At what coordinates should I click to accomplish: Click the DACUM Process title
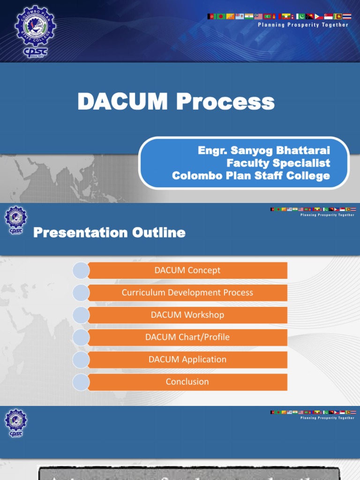coord(176,102)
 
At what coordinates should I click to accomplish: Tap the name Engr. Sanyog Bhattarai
coord(264,151)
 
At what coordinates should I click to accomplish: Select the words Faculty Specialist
coord(278,163)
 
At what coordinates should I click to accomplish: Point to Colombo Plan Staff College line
coord(251,176)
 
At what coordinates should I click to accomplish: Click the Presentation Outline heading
coord(109,232)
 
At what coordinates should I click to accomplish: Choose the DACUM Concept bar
coord(187,270)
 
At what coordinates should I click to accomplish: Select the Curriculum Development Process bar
coord(187,292)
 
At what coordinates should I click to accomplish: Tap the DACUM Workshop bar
coord(187,315)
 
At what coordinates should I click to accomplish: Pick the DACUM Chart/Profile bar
coord(187,337)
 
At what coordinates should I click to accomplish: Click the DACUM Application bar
coord(187,360)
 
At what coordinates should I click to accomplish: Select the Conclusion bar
coord(187,382)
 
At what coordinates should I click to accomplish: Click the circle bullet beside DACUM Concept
coord(81,270)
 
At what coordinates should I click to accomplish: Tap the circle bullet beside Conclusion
coord(81,382)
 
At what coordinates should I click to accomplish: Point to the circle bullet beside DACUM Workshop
coord(81,315)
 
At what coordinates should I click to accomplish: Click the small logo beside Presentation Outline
coord(15,220)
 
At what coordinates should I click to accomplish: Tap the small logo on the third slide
coord(15,423)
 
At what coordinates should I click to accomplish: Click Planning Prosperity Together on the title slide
coord(303,25)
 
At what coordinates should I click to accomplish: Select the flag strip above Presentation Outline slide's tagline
coord(313,209)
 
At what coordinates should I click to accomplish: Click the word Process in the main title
coord(225,102)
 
